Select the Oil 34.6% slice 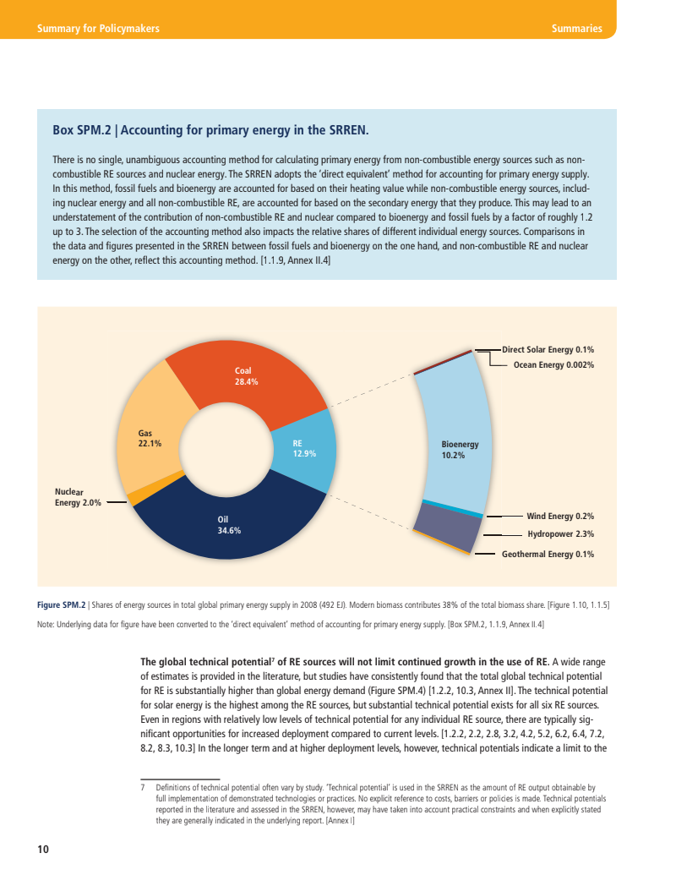pyautogui.click(x=228, y=525)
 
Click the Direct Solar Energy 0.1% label pyautogui.click(x=548, y=348)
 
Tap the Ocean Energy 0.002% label pyautogui.click(x=553, y=365)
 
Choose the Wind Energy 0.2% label pyautogui.click(x=560, y=516)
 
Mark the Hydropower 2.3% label pyautogui.click(x=560, y=534)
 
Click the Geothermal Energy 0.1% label pyautogui.click(x=548, y=555)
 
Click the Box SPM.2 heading pyautogui.click(x=210, y=130)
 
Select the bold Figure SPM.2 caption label pyautogui.click(x=62, y=604)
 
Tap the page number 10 pyautogui.click(x=42, y=849)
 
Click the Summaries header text pyautogui.click(x=576, y=29)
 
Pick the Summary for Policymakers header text pyautogui.click(x=98, y=29)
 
